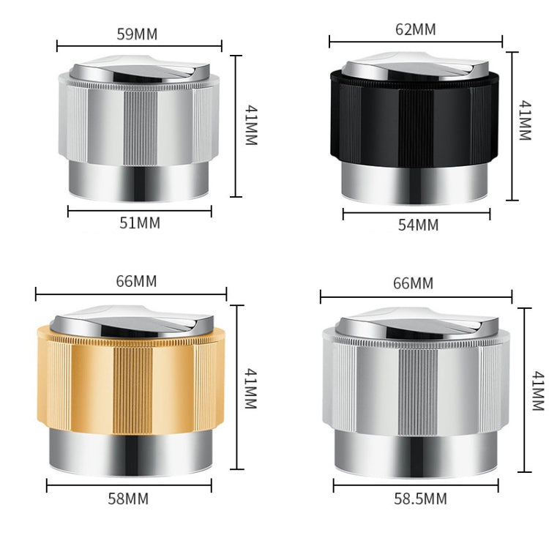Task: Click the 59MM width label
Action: point(137,34)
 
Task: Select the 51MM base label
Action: point(140,223)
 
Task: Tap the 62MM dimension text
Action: point(415,30)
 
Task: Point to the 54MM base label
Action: point(419,225)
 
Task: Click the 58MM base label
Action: point(128,499)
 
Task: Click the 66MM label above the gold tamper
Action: point(136,282)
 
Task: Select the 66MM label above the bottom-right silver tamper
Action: point(413,283)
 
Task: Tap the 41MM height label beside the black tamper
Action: point(524,121)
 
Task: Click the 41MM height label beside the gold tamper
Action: point(250,386)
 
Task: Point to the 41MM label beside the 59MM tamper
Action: point(250,124)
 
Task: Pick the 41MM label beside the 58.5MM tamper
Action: point(538,391)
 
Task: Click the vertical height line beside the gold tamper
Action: point(236,386)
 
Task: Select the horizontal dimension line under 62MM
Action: point(416,41)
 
